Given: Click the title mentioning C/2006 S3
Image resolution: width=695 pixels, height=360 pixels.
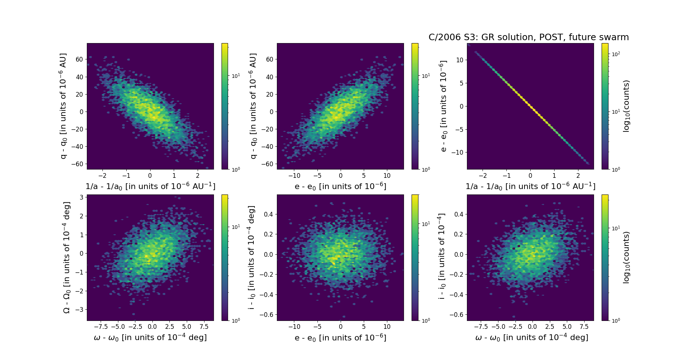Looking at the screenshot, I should pos(528,37).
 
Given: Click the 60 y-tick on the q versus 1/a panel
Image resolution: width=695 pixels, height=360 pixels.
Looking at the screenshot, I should pos(79,59).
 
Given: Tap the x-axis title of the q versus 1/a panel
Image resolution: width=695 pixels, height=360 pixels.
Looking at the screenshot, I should pos(150,186).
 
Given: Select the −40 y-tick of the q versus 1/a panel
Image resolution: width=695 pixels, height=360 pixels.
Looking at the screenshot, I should pos(77,147).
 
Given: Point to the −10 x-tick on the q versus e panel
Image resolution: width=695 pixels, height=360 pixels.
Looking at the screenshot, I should pos(294,176).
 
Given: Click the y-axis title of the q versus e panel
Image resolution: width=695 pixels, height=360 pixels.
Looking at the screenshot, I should pos(253,106).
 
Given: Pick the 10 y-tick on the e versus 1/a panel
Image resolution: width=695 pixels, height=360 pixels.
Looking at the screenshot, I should pos(459,60).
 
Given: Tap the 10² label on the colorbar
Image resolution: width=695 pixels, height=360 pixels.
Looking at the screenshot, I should pos(616,54).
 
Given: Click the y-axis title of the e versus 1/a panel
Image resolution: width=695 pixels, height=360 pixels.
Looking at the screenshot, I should pos(443,106).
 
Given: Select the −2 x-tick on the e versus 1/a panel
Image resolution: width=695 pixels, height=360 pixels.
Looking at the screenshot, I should pos(483,176).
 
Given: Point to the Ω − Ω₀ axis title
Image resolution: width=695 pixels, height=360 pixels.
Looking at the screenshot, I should pos(67,258).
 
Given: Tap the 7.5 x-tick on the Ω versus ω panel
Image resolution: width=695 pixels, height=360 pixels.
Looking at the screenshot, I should pos(204,327).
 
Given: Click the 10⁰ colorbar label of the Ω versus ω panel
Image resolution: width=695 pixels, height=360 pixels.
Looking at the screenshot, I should pos(236,321).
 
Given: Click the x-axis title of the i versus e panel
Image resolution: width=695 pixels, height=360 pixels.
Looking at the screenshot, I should pos(340,338).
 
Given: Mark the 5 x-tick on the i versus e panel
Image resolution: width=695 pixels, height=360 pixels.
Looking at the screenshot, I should pos(364,327).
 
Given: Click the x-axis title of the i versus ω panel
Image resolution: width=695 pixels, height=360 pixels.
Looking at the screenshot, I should pos(531,338).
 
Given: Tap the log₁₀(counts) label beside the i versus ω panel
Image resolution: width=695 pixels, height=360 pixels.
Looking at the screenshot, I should pos(627,258).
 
